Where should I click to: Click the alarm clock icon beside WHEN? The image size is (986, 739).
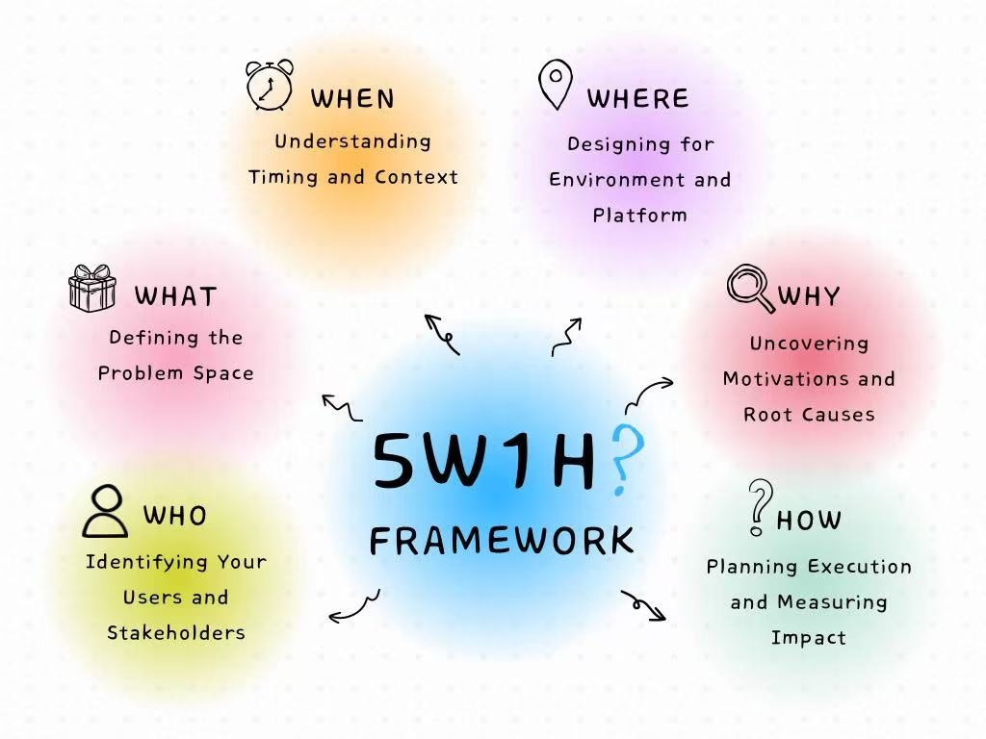[270, 86]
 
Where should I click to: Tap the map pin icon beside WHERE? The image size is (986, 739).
[556, 85]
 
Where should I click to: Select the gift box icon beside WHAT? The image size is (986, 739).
[92, 289]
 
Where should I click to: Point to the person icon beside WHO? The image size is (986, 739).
[105, 511]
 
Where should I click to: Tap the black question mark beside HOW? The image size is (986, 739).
[761, 507]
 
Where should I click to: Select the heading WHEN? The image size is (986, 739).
[352, 99]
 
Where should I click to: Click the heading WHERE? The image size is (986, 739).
[638, 99]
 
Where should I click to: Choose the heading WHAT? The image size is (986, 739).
[176, 296]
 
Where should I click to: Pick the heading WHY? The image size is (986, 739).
[809, 296]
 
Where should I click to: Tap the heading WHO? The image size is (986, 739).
[175, 516]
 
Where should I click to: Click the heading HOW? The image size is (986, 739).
[809, 521]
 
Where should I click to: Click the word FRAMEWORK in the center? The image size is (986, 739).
[502, 541]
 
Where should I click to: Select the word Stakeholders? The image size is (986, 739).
[176, 632]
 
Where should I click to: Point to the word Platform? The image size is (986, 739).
[639, 216]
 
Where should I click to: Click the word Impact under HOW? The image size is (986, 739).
[809, 638]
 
